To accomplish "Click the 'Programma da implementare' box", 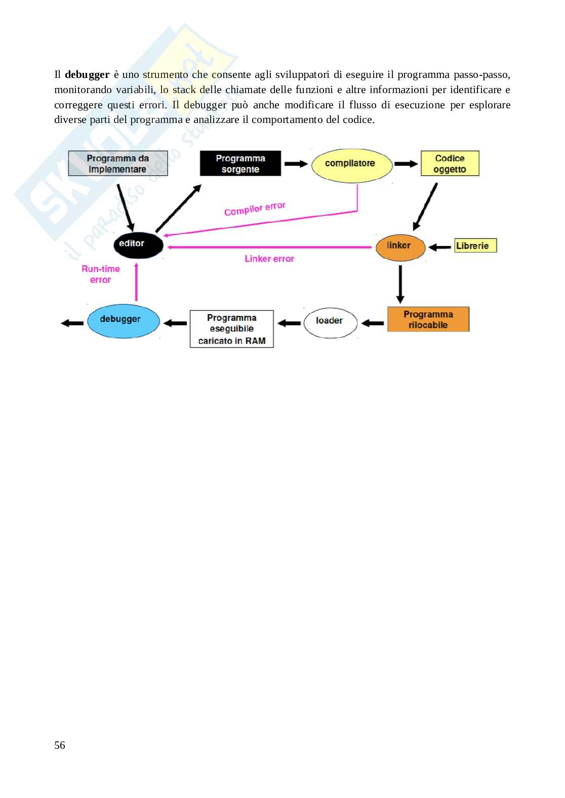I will pyautogui.click(x=118, y=163).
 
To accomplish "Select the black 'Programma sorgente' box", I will pyautogui.click(x=240, y=163).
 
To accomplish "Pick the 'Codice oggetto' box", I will pyautogui.click(x=450, y=163).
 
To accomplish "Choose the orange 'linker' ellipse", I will pyautogui.click(x=400, y=246).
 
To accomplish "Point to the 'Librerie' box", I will pyautogui.click(x=475, y=245).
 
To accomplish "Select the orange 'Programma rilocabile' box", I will pyautogui.click(x=428, y=319).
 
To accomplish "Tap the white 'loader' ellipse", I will pyautogui.click(x=330, y=321).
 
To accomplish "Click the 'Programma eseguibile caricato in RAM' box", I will pyautogui.click(x=231, y=329).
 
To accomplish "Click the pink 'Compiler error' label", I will pyautogui.click(x=255, y=208).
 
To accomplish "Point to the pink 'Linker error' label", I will pyautogui.click(x=269, y=259).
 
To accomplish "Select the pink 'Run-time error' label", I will pyautogui.click(x=101, y=274).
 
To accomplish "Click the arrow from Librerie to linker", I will pyautogui.click(x=439, y=247).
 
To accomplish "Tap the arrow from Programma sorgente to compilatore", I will pyautogui.click(x=296, y=163).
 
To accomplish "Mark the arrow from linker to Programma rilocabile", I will pyautogui.click(x=400, y=284).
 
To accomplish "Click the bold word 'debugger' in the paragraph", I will pyautogui.click(x=87, y=74).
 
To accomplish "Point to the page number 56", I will pyautogui.click(x=60, y=745).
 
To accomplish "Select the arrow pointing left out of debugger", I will pyautogui.click(x=72, y=323).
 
